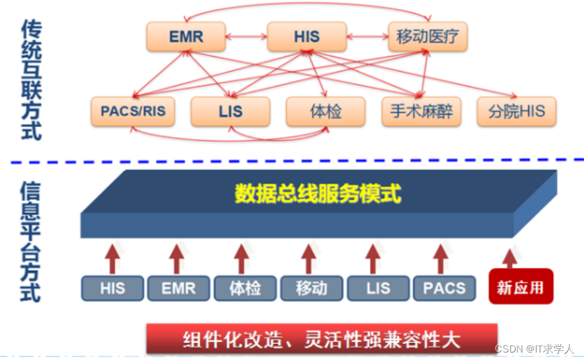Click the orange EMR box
tap(185, 37)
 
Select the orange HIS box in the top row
tap(306, 37)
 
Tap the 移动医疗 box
tap(427, 37)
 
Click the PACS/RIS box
tap(133, 112)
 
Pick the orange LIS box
tap(230, 112)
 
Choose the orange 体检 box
tap(325, 112)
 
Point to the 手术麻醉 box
tap(421, 112)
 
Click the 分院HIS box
tap(516, 112)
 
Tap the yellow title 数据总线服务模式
tap(318, 194)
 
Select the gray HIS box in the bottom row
tap(113, 288)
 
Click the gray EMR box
tap(178, 288)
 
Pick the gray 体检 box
tap(245, 288)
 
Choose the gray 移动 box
tap(311, 288)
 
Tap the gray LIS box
tap(378, 288)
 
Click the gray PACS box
tap(444, 288)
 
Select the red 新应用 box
tap(520, 287)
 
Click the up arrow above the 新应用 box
tap(510, 257)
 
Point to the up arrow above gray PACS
tap(441, 257)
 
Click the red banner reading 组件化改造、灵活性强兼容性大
tap(322, 339)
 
